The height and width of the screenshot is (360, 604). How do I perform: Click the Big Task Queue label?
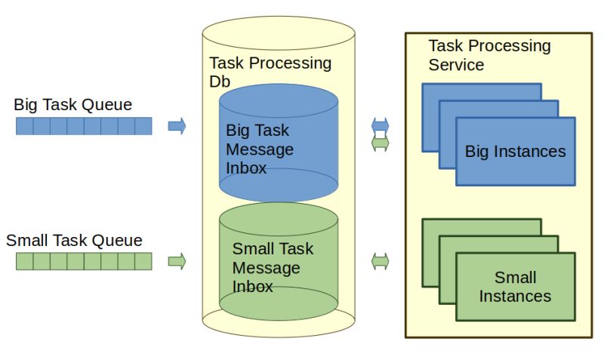pyautogui.click(x=72, y=105)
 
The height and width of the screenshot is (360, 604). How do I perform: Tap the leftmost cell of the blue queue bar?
pyautogui.click(x=24, y=126)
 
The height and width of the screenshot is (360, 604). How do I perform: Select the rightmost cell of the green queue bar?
pyautogui.click(x=143, y=262)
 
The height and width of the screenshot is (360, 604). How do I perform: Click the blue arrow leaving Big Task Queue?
pyautogui.click(x=177, y=126)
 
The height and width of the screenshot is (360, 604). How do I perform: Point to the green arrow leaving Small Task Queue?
pyautogui.click(x=177, y=262)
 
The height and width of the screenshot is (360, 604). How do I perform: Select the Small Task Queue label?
pyautogui.click(x=74, y=241)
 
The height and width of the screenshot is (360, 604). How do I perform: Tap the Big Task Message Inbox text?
pyautogui.click(x=259, y=149)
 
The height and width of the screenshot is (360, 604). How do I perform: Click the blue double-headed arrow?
pyautogui.click(x=381, y=125)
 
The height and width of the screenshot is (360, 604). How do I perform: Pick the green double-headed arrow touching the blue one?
pyautogui.click(x=381, y=143)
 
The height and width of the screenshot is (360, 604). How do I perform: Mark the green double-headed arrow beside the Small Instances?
pyautogui.click(x=381, y=262)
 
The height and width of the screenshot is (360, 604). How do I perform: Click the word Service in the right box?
pyautogui.click(x=456, y=65)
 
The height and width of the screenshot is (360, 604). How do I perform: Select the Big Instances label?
pyautogui.click(x=515, y=152)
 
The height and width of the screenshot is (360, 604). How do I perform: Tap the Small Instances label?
pyautogui.click(x=515, y=287)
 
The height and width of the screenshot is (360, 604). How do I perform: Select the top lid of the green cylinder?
pyautogui.click(x=278, y=216)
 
